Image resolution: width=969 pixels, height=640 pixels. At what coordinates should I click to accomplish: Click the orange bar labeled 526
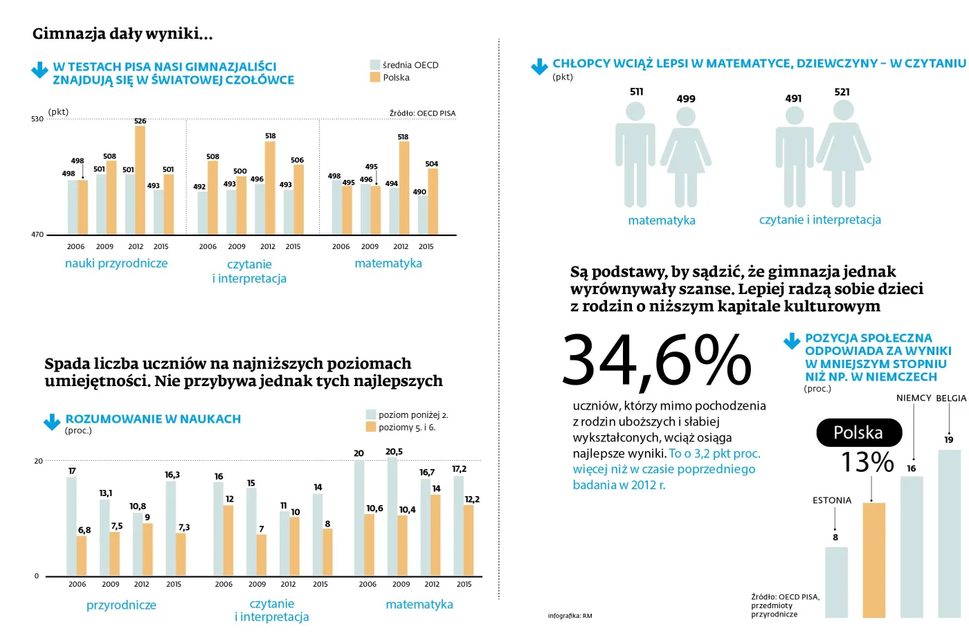(140, 180)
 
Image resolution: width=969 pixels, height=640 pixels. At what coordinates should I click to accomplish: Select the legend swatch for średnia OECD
(375, 65)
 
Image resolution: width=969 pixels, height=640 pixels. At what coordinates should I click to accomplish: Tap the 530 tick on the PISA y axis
(37, 119)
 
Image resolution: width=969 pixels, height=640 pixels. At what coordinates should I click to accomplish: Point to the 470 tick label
(37, 235)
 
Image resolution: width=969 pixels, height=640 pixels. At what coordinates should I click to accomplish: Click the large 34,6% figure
(656, 360)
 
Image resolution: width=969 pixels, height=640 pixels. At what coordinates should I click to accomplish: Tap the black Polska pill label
(859, 432)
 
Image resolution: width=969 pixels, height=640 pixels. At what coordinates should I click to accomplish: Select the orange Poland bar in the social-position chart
(874, 560)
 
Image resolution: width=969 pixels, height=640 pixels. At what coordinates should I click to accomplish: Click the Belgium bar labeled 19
(949, 533)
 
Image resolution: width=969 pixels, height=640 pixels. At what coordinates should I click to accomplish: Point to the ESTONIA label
(832, 500)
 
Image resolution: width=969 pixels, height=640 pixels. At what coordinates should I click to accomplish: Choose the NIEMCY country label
(914, 398)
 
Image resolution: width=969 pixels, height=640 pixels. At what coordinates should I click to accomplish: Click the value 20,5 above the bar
(394, 452)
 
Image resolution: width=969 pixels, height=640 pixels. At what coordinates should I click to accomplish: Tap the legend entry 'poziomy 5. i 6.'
(407, 428)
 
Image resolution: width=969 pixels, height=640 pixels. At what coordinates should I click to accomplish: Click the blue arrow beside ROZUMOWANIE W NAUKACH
(52, 422)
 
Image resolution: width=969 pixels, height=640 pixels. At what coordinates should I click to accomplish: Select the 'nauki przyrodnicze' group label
(116, 264)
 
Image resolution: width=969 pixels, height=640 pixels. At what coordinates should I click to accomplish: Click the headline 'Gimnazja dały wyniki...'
(123, 33)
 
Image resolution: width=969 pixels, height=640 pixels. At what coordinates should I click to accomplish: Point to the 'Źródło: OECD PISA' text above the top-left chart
(422, 113)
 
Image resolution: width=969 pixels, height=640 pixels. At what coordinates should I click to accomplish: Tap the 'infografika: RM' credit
(570, 616)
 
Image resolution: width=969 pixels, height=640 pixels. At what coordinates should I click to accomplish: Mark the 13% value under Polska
(867, 462)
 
